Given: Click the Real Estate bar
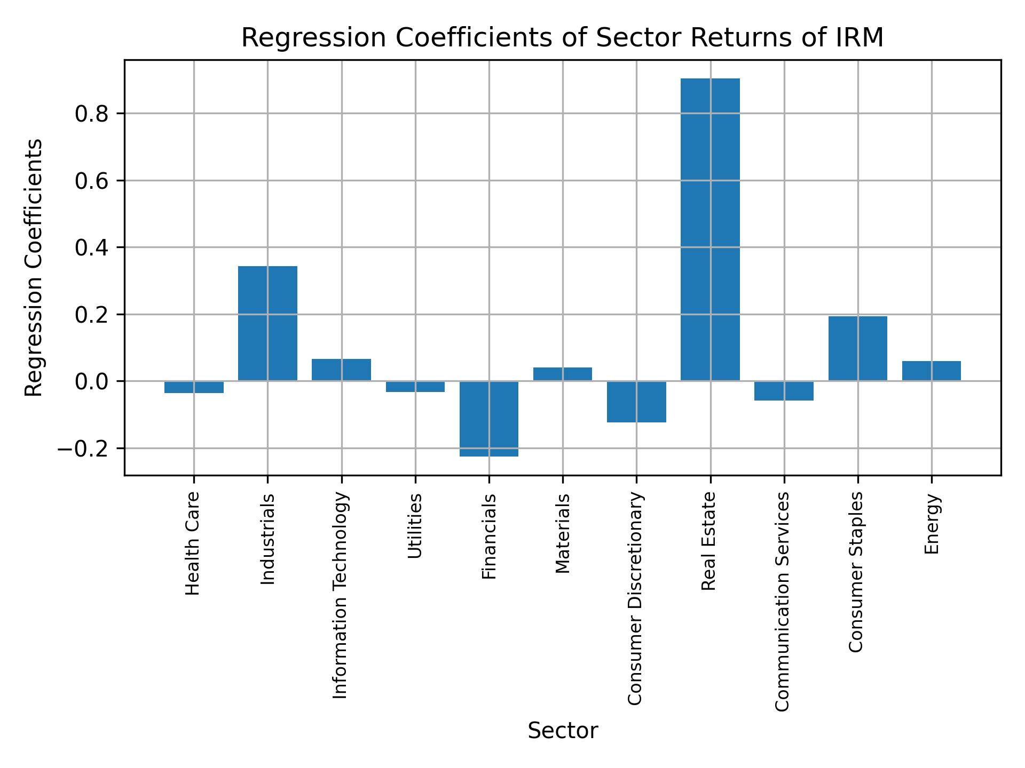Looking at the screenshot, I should click(710, 229).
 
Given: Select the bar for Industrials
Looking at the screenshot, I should click(267, 323).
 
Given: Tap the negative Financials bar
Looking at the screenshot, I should click(489, 419).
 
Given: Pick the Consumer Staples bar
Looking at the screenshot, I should click(857, 348).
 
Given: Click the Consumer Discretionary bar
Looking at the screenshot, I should click(636, 402).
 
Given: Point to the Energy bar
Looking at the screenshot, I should click(931, 371).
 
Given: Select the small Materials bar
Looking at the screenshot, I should click(563, 374).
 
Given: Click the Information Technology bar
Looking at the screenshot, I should click(341, 370).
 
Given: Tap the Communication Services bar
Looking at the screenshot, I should click(784, 390).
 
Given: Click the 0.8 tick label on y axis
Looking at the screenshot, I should click(92, 114).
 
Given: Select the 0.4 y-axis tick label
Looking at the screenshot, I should click(92, 248).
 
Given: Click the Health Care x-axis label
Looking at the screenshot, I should click(193, 543).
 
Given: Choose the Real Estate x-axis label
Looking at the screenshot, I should click(708, 541).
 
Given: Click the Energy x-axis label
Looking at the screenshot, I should click(932, 524).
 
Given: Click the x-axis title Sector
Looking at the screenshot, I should click(563, 731).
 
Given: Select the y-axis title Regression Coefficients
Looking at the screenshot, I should click(34, 268).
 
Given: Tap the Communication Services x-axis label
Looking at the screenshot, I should click(782, 601).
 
